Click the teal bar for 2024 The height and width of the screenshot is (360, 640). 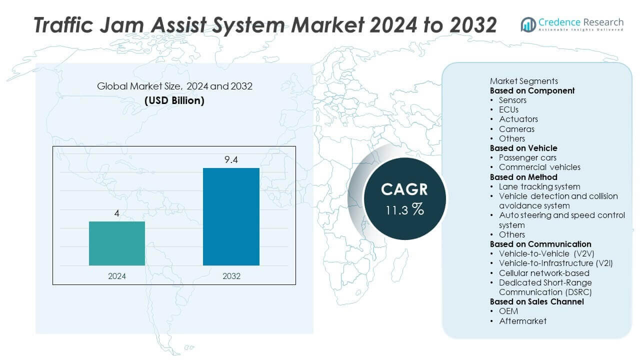pos(117,243)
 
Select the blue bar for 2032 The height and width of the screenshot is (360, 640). pos(231,216)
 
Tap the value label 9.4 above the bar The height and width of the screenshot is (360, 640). pos(231,160)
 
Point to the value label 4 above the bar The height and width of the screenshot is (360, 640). pos(117,213)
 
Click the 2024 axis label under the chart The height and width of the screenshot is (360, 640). pos(117,276)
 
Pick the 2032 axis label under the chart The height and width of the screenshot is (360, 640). pos(231,276)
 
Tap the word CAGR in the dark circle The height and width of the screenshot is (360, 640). pos(404,189)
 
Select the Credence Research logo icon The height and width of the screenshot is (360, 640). pos(528,24)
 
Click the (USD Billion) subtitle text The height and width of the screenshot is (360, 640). pos(174,100)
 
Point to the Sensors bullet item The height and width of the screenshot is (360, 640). pos(512,100)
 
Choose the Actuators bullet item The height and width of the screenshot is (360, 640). pos(518,119)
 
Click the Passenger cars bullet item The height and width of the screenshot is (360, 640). pos(527,157)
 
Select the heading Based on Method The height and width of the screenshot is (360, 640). pos(523,177)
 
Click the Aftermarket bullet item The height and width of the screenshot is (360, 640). pos(522,321)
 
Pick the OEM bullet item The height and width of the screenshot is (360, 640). pos(508,311)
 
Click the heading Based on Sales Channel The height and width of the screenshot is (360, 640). pos(536,301)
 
